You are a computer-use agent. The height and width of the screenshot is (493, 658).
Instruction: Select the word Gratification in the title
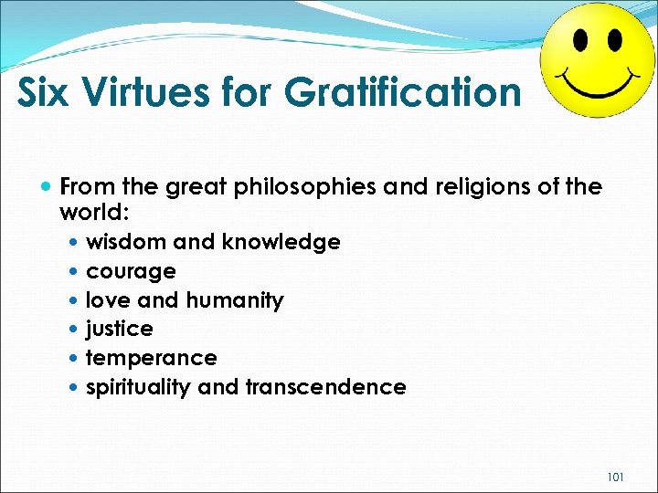[x=402, y=91]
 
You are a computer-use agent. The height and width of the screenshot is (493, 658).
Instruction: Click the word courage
[x=131, y=271]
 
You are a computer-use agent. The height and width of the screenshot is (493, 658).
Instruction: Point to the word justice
[x=119, y=329]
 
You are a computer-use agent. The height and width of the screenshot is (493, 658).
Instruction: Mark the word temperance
[x=151, y=358]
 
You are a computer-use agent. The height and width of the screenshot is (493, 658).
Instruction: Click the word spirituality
[x=137, y=387]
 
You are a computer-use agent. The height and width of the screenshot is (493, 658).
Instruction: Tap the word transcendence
[x=325, y=387]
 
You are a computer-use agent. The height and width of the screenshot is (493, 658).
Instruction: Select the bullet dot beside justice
[x=73, y=330]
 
